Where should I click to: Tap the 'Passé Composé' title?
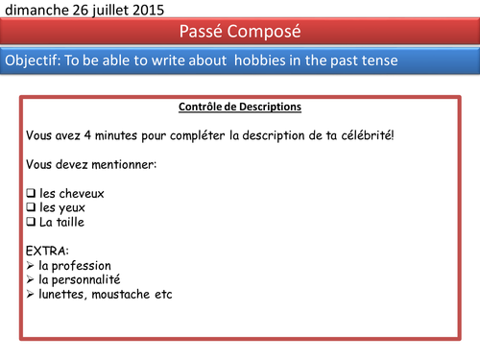coord(240,32)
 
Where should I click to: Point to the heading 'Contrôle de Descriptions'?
coord(240,107)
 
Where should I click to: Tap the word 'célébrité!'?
coord(364,134)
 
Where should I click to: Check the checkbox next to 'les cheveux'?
coord(31,193)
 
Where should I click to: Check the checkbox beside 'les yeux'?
coord(31,207)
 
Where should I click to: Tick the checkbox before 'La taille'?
coord(31,222)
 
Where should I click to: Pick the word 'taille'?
coord(71,222)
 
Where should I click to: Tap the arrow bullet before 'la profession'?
coord(30,265)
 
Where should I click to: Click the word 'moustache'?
coord(123,294)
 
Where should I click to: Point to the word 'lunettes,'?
coord(63,294)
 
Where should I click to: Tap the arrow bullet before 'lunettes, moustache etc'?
coord(30,294)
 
